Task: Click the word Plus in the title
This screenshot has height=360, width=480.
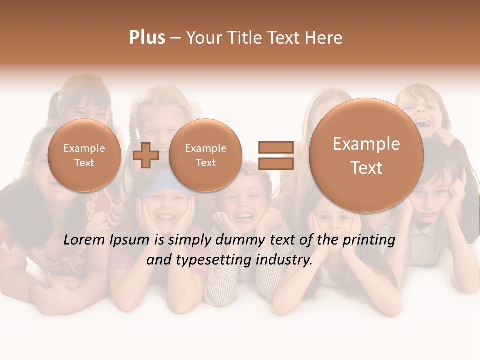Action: (x=147, y=38)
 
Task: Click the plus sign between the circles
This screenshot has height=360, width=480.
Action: (x=146, y=155)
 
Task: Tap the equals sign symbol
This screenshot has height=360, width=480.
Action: (x=275, y=155)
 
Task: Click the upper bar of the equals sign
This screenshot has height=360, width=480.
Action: (x=275, y=147)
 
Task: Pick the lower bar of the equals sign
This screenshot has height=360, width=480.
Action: (x=275, y=163)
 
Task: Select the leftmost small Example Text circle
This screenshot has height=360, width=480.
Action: (x=84, y=155)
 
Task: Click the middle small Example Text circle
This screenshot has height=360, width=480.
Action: (x=205, y=155)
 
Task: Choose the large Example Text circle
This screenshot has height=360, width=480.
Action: (x=366, y=155)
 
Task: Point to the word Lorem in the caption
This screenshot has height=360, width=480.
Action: (x=82, y=240)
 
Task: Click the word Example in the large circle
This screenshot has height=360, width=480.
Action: (x=366, y=144)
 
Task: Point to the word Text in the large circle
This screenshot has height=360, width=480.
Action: (x=366, y=168)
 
